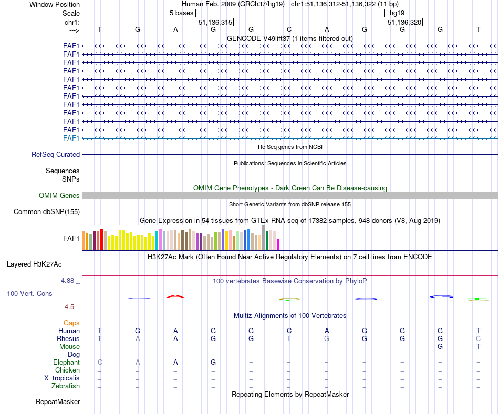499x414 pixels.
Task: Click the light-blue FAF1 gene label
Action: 71,138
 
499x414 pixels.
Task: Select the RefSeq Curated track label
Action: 56,155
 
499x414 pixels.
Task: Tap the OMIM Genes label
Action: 59,196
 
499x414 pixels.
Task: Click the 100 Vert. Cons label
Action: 29,294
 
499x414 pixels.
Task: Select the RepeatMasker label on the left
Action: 58,402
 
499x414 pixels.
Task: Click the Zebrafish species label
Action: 66,386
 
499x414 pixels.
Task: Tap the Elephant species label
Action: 66,363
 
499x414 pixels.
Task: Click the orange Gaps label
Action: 71,323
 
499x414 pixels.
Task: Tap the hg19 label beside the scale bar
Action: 397,12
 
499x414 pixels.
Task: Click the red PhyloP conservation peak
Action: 175,296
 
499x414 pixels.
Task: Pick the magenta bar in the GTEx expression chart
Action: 278,245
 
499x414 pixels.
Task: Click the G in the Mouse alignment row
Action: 440,347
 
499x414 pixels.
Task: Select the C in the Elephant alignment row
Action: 100,363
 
